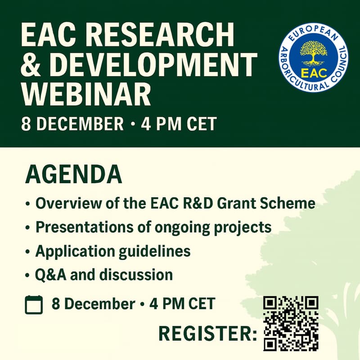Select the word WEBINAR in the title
(x=85, y=94)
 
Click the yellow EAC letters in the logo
(x=313, y=72)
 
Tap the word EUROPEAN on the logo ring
(x=314, y=34)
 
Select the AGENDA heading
(x=73, y=175)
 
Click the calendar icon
(x=34, y=305)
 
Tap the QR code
(x=291, y=323)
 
